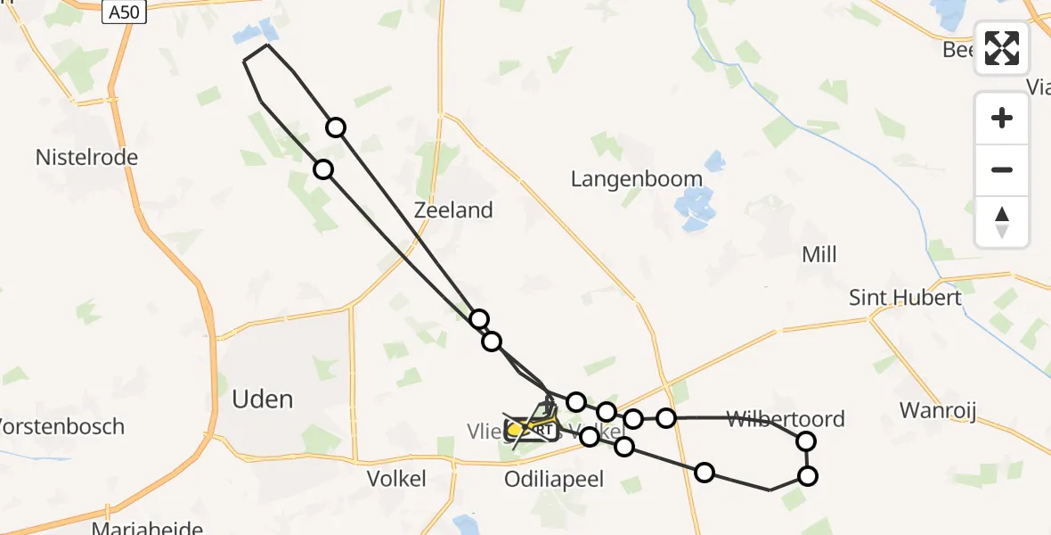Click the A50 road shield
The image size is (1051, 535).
[x=123, y=12]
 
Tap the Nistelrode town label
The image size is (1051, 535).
[x=86, y=158]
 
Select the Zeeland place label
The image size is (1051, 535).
[x=453, y=210]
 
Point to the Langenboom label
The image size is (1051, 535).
[x=637, y=179]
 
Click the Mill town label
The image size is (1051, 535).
[x=819, y=255]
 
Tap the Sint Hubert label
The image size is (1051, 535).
[x=905, y=298]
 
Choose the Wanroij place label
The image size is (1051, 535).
[x=939, y=411]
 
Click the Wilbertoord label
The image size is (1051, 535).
[x=786, y=418]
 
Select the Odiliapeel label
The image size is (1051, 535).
[x=553, y=480]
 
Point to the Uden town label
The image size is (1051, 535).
[x=263, y=399]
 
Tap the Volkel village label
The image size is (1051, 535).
[x=396, y=479]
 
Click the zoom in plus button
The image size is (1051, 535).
[x=1002, y=118]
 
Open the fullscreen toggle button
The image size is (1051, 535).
[x=1002, y=48]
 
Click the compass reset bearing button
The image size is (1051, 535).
[x=1002, y=222]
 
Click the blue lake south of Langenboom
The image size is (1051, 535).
[x=696, y=209]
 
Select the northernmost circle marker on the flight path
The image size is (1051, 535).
[x=336, y=128]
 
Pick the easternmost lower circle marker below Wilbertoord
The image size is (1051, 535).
[x=808, y=476]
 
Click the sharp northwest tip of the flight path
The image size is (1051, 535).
[x=245, y=60]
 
